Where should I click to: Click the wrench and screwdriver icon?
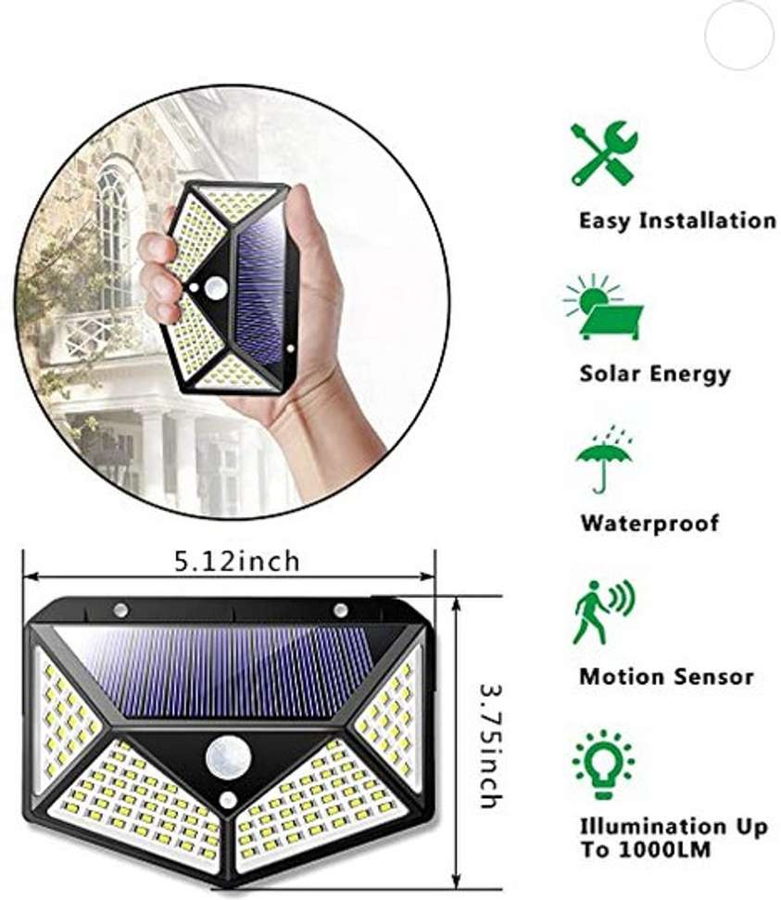click(x=603, y=153)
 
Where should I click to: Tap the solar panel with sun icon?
click(x=603, y=307)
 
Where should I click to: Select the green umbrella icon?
click(x=604, y=459)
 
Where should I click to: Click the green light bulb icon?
click(x=603, y=764)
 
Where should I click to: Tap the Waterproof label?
click(x=649, y=524)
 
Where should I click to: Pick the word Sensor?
click(x=711, y=676)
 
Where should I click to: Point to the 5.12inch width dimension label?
click(x=237, y=561)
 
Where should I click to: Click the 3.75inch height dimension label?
click(x=491, y=745)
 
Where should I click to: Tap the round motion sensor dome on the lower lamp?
click(x=227, y=756)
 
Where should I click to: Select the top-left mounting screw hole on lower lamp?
click(x=120, y=610)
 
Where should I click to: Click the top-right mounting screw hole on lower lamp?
click(x=340, y=609)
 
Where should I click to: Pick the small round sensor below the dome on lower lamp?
click(x=227, y=800)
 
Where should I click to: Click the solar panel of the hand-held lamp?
click(x=261, y=290)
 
